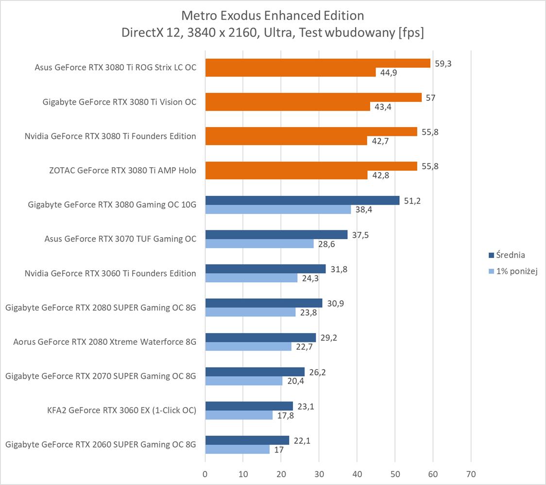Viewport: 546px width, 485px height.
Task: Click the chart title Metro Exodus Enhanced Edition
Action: [273, 16]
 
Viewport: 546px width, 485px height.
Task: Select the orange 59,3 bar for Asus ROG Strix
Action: [318, 63]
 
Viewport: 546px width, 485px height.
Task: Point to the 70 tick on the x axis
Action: [471, 473]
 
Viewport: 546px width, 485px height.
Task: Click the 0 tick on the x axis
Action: [205, 473]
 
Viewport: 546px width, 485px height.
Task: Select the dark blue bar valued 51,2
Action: [302, 200]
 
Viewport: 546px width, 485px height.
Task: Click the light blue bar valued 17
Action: [238, 450]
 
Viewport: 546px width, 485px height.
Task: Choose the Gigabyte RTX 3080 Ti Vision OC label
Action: [119, 102]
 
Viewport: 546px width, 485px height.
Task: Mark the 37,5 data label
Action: [360, 235]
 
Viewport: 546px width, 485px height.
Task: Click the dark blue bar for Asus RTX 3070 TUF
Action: [276, 235]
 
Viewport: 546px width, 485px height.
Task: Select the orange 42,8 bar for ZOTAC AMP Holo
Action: [287, 175]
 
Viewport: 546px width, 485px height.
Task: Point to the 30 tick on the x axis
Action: [319, 473]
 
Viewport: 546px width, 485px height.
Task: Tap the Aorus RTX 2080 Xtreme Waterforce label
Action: [105, 342]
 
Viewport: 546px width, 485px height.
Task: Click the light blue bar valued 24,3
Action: [252, 278]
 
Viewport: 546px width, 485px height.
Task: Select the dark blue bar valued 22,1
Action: [247, 440]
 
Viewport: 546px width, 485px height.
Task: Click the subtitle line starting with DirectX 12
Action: [273, 32]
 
